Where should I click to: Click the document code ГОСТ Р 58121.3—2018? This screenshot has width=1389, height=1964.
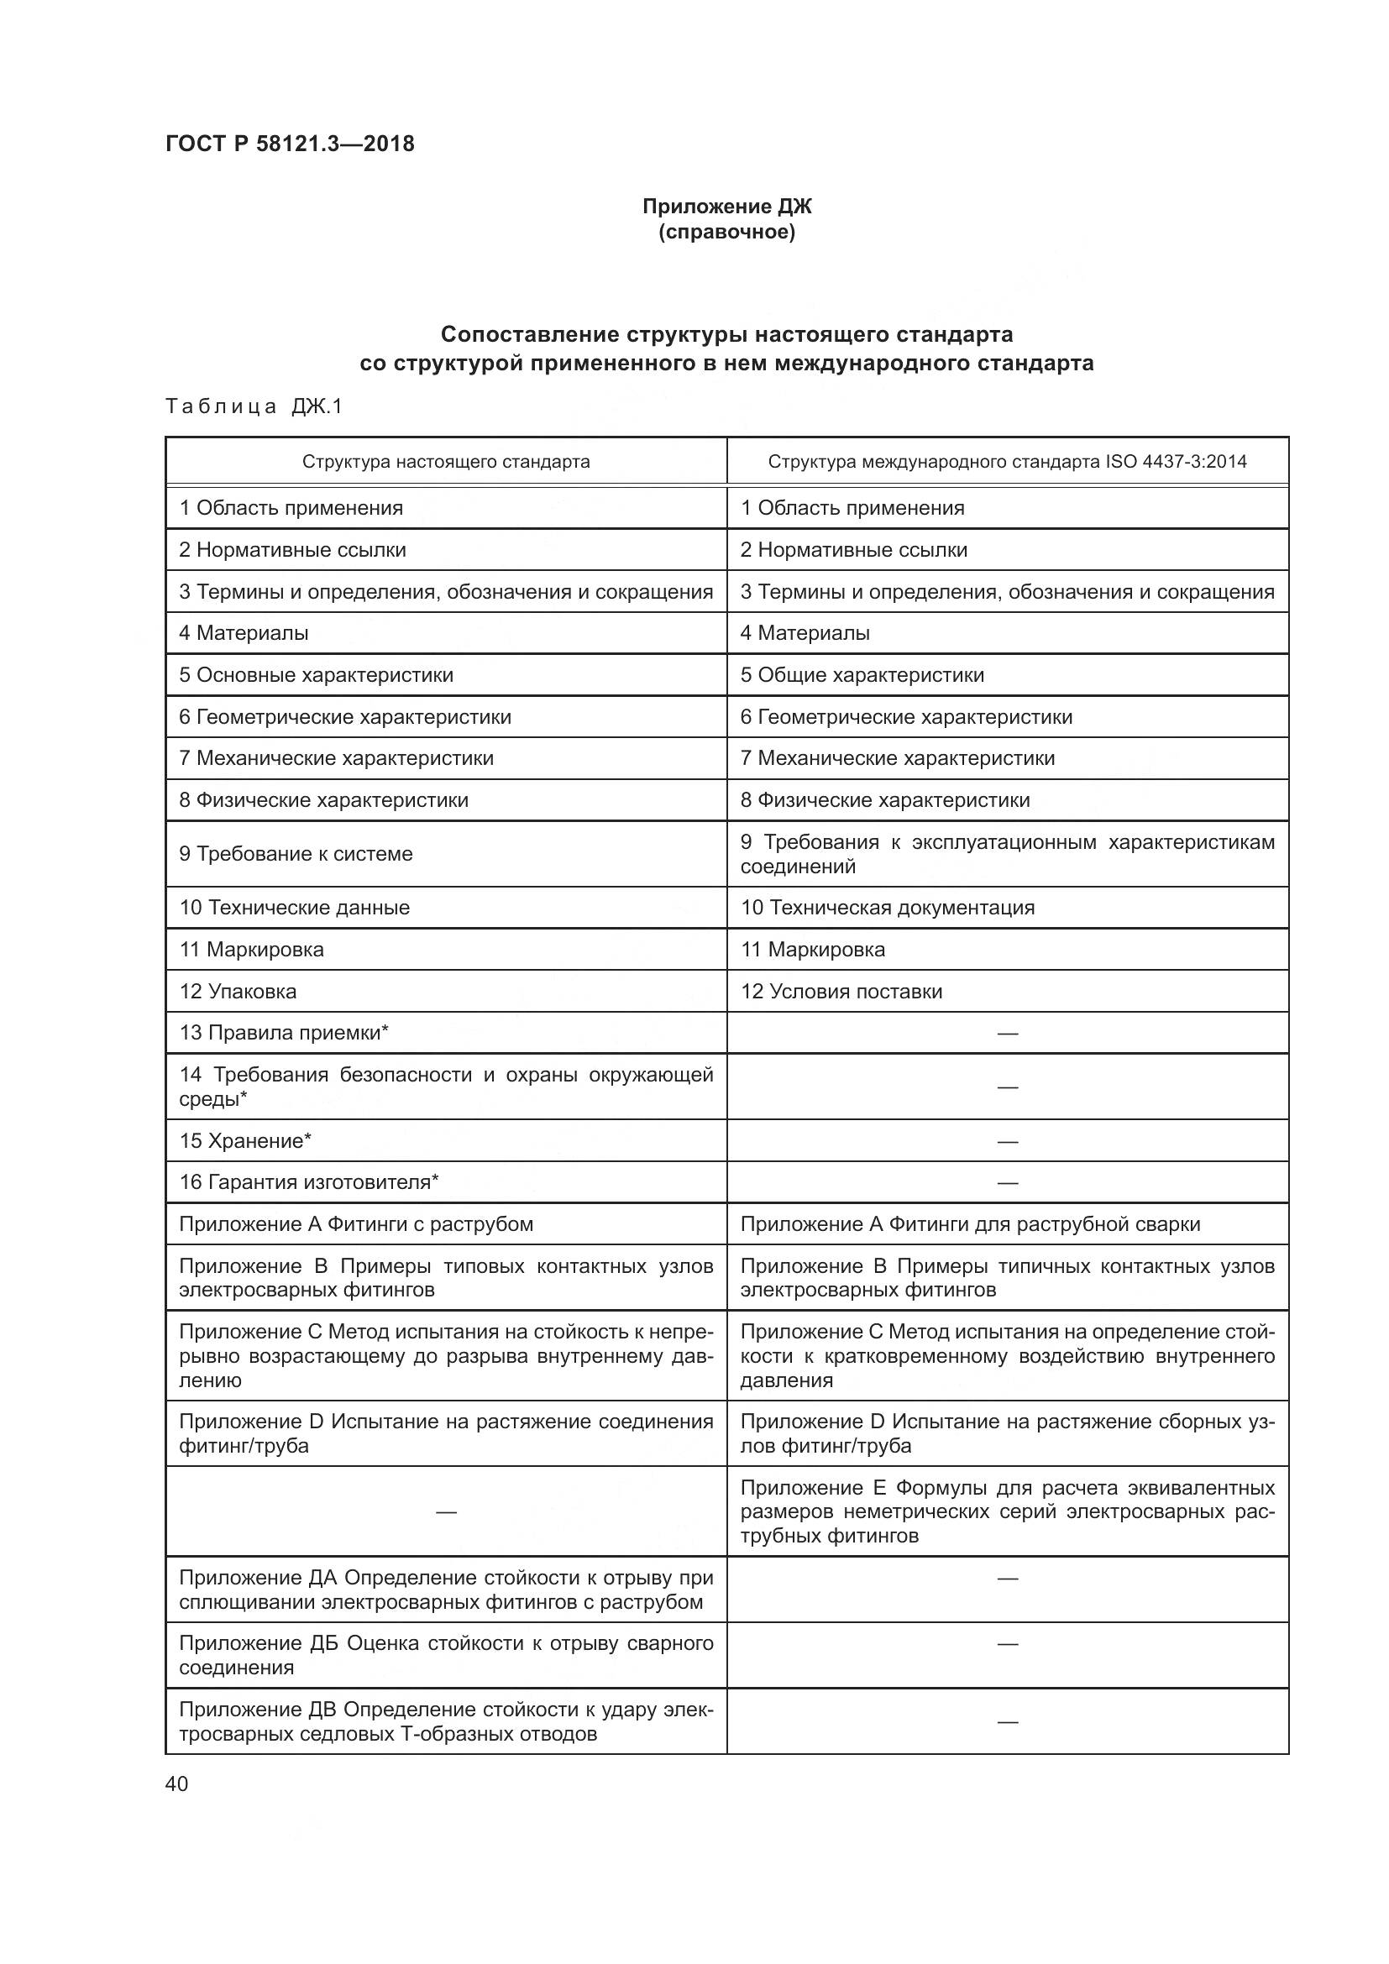point(289,144)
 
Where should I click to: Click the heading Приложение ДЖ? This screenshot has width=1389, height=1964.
point(726,207)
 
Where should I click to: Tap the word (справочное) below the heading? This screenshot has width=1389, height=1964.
point(726,233)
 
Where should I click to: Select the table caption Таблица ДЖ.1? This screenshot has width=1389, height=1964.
point(253,406)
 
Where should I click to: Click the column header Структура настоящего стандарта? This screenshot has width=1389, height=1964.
point(446,462)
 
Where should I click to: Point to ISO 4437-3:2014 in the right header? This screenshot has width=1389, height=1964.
point(1176,462)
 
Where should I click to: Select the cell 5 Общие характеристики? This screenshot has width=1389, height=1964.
point(862,675)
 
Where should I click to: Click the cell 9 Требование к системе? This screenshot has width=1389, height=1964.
point(296,854)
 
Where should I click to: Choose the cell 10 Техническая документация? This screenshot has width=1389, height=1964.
point(887,908)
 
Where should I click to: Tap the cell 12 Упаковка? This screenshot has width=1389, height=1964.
point(238,992)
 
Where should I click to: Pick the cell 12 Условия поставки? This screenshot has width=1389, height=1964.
point(841,992)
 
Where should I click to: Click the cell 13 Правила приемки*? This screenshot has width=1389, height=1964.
point(284,1033)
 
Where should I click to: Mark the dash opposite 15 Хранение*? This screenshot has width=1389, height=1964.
point(1008,1141)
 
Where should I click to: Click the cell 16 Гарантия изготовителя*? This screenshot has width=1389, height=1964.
point(309,1182)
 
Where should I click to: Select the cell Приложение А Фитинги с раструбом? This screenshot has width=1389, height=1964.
point(356,1224)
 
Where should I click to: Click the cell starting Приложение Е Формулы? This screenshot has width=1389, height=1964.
point(1007,1511)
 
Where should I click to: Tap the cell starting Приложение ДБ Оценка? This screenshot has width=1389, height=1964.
point(446,1655)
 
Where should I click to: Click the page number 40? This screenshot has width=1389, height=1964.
point(177,1783)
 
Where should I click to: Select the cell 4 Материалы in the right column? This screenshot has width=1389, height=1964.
point(805,633)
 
